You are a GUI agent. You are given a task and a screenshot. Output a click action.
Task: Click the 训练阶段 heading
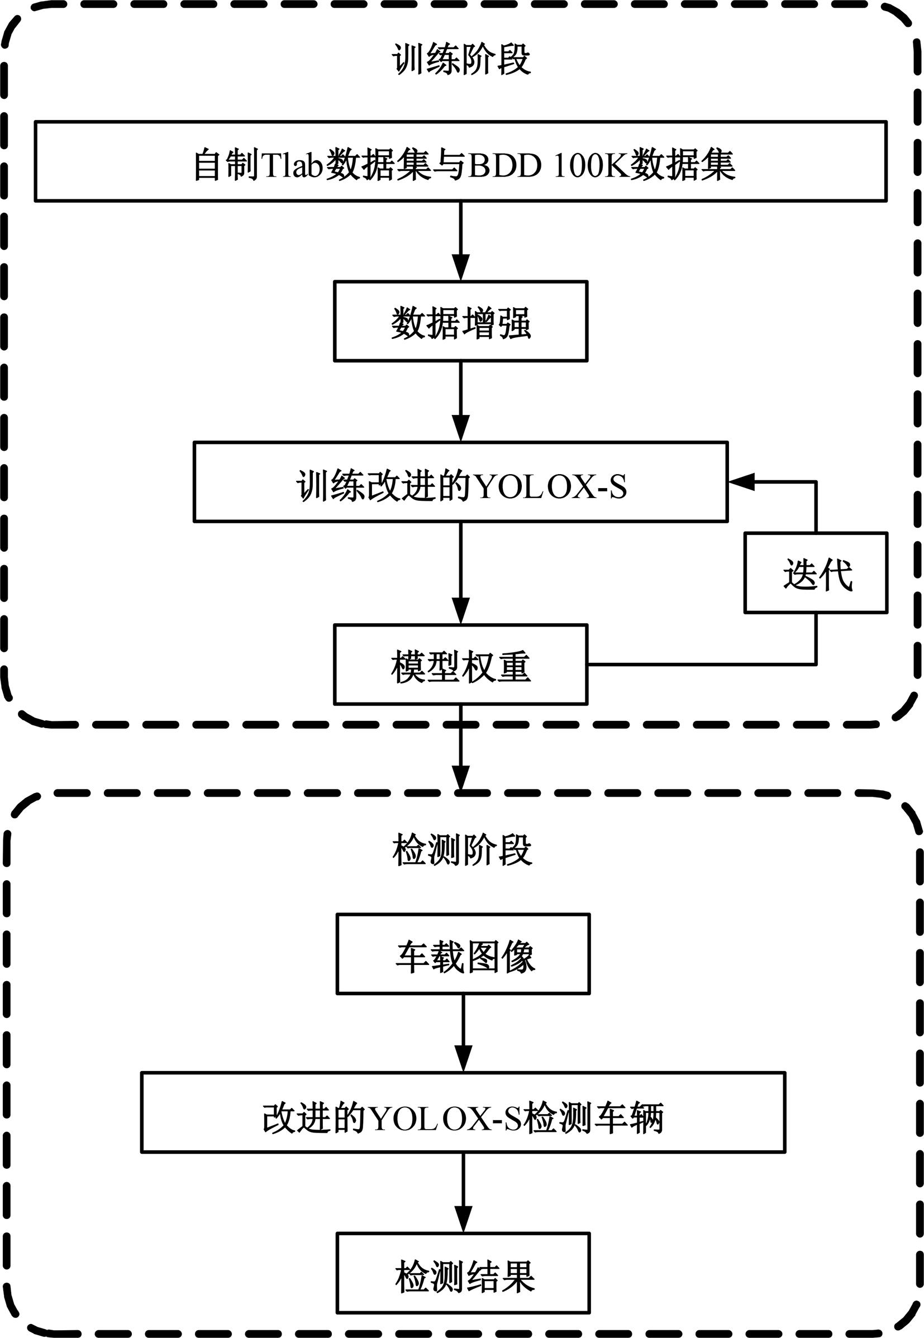(x=461, y=59)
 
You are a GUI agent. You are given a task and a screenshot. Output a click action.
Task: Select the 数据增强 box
(x=461, y=322)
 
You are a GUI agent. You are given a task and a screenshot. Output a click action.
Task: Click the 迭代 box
(x=816, y=573)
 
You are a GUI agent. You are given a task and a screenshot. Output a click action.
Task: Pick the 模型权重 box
(x=461, y=665)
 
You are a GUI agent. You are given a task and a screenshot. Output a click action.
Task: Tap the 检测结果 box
(x=463, y=1275)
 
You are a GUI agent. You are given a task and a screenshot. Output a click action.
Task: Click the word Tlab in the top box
(x=292, y=164)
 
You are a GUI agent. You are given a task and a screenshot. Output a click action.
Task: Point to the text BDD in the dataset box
(x=504, y=164)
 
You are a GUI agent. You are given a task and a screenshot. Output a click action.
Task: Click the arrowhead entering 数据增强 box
(x=461, y=269)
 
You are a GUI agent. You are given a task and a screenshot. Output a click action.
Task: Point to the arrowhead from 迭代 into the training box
(x=741, y=481)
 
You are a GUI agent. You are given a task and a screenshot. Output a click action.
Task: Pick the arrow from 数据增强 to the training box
(x=461, y=402)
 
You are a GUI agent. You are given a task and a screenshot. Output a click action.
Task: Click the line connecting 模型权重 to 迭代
(x=701, y=665)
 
